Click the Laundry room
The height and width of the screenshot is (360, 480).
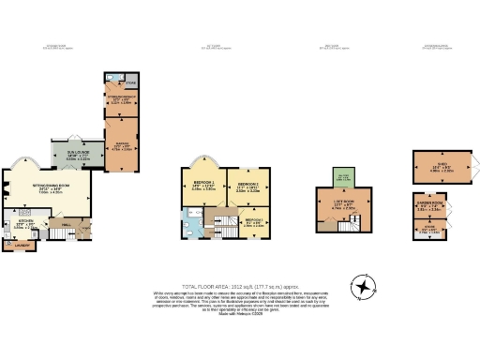pos(20,247)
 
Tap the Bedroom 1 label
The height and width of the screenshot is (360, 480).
pos(204,185)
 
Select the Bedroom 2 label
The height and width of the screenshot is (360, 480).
pos(247,187)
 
